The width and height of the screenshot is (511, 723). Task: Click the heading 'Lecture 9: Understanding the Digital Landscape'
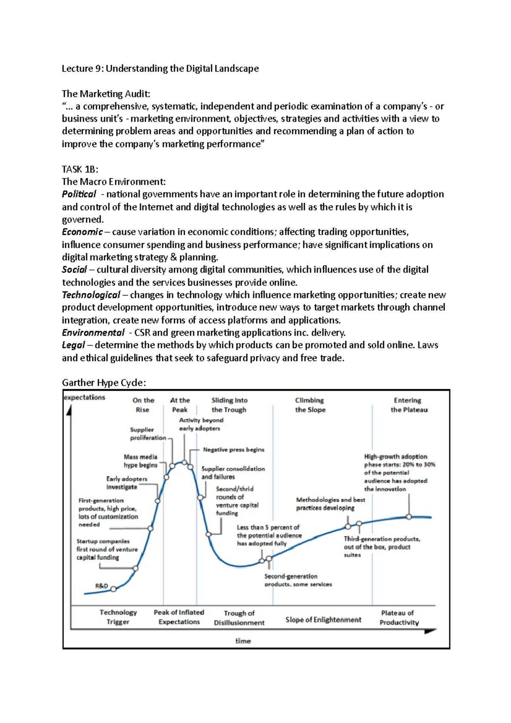coord(160,69)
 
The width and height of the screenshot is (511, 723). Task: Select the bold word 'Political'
coord(79,194)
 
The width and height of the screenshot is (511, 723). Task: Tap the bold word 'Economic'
coord(82,232)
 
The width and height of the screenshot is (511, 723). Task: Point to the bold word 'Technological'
coord(91,295)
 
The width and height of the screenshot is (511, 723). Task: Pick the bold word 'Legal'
coord(74,345)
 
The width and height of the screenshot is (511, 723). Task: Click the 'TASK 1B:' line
coord(80,169)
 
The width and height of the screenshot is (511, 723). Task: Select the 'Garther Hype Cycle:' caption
coord(104,383)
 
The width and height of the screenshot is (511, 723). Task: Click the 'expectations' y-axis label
coord(84,397)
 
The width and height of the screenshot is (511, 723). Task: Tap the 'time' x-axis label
coord(243,641)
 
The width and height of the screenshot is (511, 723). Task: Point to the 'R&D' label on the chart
coord(101,586)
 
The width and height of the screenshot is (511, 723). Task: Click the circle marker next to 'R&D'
coord(114,589)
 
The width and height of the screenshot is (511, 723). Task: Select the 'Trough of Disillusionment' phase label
coord(239,618)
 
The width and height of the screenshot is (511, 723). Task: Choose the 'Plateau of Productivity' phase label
coord(399,618)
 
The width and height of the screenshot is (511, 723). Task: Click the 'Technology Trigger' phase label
coord(118,617)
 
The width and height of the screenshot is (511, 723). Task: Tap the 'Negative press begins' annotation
coord(233,450)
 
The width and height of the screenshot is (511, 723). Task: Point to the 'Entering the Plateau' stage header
coord(409,405)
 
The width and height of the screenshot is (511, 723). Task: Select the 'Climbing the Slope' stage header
coord(310,405)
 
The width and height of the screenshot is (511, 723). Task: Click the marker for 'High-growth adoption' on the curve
coord(409,517)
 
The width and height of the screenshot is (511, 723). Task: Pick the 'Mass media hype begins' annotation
coord(141,461)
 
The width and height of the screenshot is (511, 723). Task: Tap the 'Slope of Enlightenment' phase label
coord(323,620)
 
